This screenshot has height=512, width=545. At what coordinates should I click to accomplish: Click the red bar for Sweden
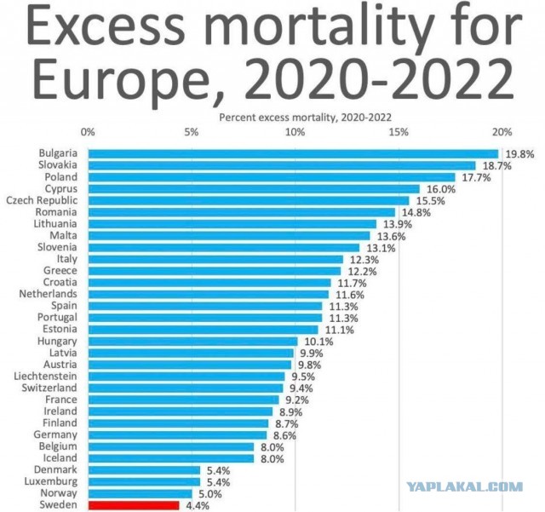[133, 504]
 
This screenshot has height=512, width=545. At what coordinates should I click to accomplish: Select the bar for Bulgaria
[293, 153]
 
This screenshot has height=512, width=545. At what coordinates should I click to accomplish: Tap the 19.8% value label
[519, 154]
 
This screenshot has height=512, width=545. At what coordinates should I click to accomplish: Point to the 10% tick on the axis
[295, 132]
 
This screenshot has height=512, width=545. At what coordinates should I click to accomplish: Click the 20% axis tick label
[502, 132]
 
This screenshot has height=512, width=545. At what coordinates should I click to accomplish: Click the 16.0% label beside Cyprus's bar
[440, 189]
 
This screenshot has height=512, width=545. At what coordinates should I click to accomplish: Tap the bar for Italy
[215, 259]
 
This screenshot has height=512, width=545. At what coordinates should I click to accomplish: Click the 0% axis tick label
[87, 132]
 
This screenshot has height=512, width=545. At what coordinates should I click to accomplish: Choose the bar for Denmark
[144, 469]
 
